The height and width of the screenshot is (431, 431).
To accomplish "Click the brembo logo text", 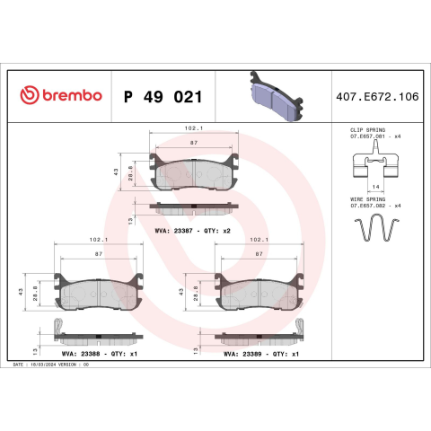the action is (x=72, y=95).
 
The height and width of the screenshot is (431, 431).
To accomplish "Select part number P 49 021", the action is (x=163, y=97).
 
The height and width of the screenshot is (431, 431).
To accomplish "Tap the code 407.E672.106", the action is (x=377, y=97).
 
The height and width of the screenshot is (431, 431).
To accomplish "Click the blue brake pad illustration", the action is (x=276, y=96).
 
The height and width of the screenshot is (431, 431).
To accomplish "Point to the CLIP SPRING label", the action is (x=367, y=130).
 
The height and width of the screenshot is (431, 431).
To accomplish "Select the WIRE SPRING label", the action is (x=367, y=199).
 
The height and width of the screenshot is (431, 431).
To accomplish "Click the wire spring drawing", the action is (x=377, y=227).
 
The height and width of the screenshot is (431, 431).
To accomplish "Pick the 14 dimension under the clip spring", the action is (x=375, y=187).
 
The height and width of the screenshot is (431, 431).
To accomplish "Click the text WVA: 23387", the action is (x=173, y=231).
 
